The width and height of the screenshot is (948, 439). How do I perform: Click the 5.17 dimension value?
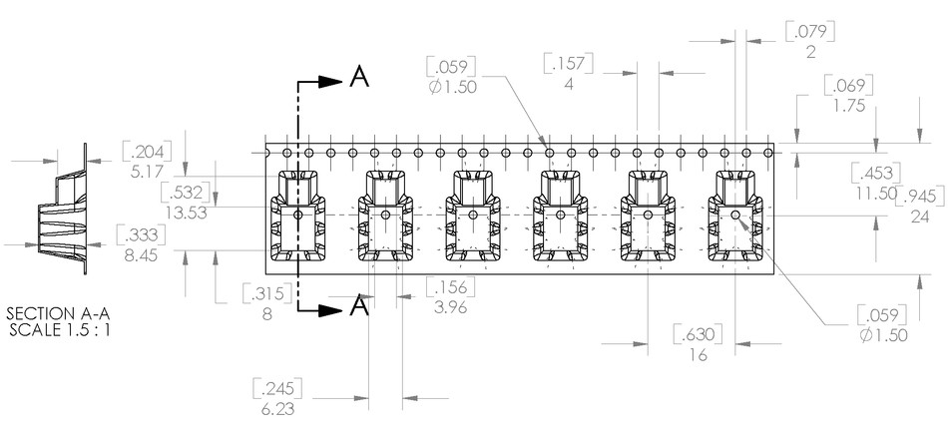(147, 171)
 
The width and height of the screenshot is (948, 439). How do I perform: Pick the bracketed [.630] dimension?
(698, 333)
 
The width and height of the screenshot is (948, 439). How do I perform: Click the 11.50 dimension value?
(876, 193)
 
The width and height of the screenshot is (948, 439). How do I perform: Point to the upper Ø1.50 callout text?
(451, 87)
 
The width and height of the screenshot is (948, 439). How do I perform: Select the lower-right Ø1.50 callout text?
(883, 335)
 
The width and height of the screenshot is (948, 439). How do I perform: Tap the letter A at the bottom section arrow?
(360, 307)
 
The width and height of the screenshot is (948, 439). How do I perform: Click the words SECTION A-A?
(57, 312)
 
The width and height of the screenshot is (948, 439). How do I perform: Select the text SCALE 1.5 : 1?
(57, 329)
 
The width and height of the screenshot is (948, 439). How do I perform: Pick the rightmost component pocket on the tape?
(735, 218)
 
